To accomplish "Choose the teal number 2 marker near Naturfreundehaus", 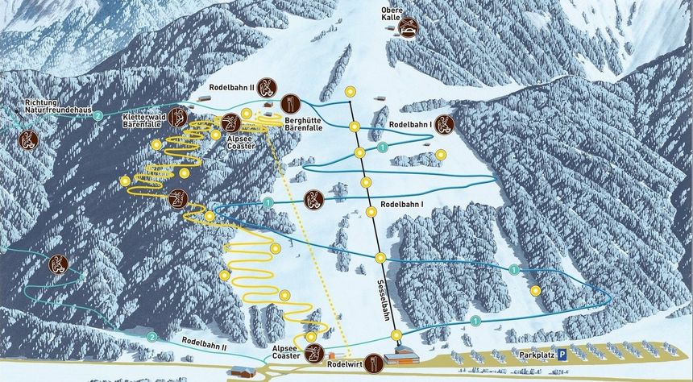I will click(x=98, y=116).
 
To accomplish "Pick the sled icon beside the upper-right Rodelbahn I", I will click(x=444, y=125).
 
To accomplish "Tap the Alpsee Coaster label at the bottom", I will click(x=286, y=352).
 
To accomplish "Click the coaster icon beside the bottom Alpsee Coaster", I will click(x=316, y=351).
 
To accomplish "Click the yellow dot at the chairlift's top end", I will click(x=350, y=91).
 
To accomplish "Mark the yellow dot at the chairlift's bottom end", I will click(x=396, y=335).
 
